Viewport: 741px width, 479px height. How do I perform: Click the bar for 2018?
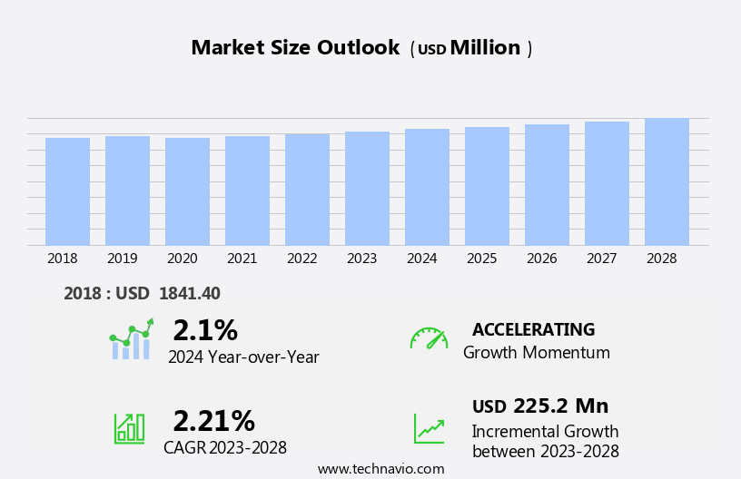coord(67,191)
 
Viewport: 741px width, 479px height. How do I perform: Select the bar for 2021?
coord(247,191)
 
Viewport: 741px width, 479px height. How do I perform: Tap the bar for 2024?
coord(427,187)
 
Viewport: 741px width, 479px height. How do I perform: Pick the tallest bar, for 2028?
coord(667,181)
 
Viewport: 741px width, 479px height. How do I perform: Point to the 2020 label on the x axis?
coord(182,259)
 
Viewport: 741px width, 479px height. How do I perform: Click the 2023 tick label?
coord(361,259)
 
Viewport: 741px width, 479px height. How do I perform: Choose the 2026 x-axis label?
coord(541,259)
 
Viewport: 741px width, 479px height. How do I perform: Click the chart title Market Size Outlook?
coord(295,48)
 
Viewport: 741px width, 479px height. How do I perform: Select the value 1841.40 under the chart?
coord(189,293)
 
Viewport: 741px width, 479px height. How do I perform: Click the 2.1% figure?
coord(205,330)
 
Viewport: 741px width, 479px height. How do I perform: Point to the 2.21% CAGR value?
coord(213,421)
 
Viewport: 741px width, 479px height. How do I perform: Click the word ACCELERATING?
coord(533,329)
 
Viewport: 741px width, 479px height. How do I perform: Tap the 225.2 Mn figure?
coord(560,406)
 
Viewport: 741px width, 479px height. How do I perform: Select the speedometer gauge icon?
coord(429,338)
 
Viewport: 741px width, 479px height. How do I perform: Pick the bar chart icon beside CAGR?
coord(129,427)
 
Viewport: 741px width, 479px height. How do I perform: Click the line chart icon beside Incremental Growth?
coord(429,427)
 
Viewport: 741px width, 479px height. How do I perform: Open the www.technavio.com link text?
coord(380,469)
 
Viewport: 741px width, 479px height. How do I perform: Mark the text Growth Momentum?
coord(536,353)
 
